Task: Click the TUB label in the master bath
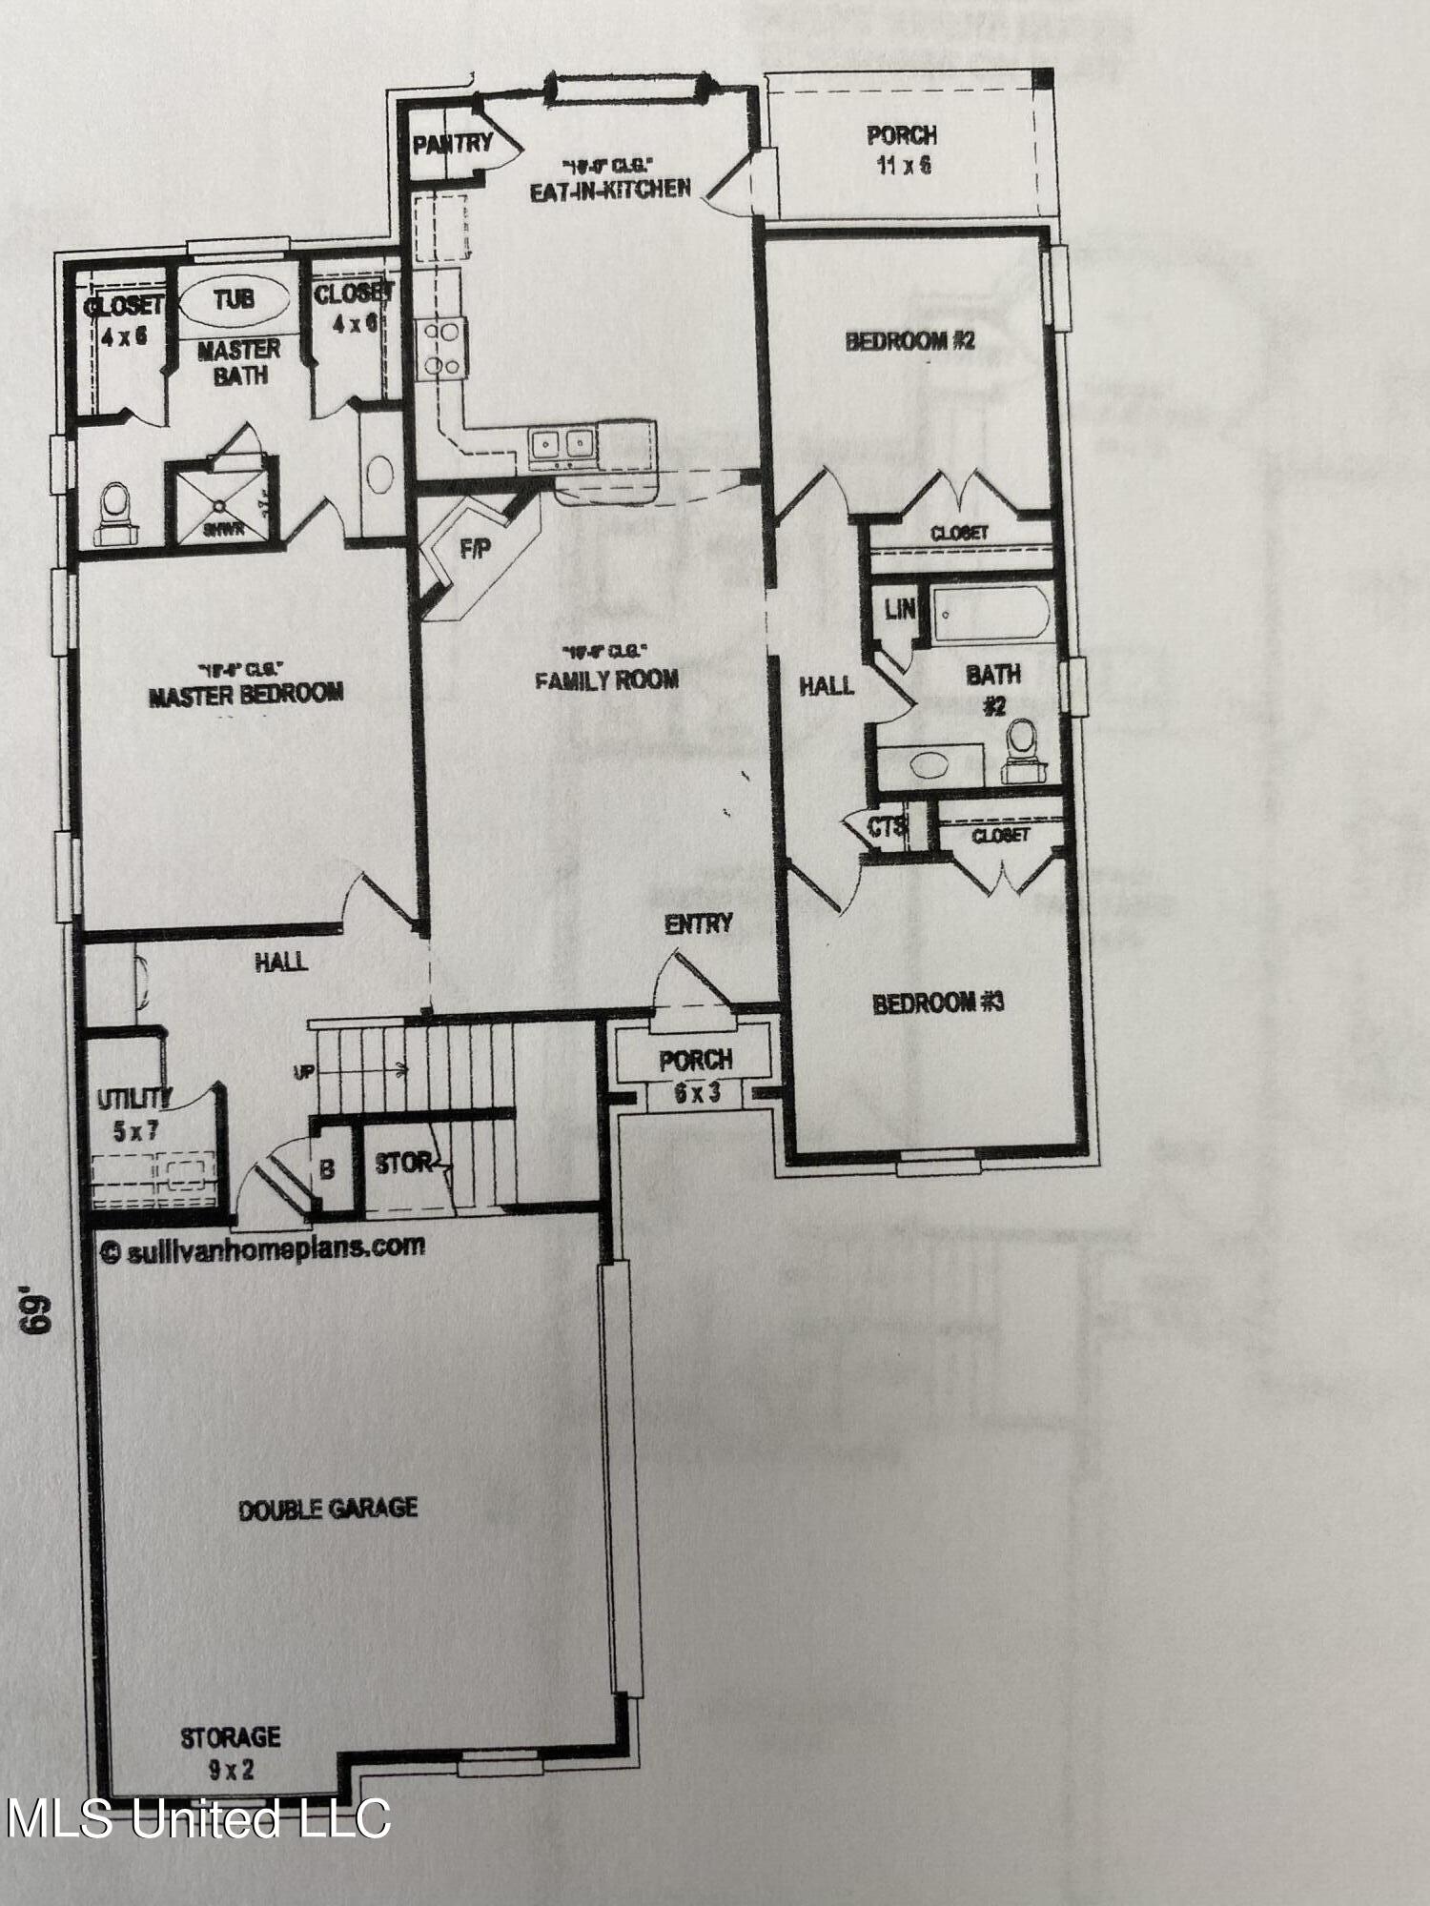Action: pyautogui.click(x=234, y=300)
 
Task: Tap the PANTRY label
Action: pyautogui.click(x=452, y=144)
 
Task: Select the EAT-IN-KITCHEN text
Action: pyautogui.click(x=610, y=189)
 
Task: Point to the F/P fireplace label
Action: pyautogui.click(x=474, y=550)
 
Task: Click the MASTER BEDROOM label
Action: pyautogui.click(x=246, y=693)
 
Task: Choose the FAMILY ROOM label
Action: pyautogui.click(x=606, y=679)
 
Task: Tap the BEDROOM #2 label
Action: pyautogui.click(x=910, y=341)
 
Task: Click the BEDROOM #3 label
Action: pyautogui.click(x=938, y=1003)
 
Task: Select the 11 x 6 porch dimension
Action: pyautogui.click(x=902, y=165)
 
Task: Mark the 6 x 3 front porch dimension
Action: pyautogui.click(x=697, y=1093)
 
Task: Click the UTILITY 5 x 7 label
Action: pyautogui.click(x=133, y=1115)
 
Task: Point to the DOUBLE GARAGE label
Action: pyautogui.click(x=328, y=1509)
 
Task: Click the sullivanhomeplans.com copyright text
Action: pyautogui.click(x=263, y=1247)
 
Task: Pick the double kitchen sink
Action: pyautogui.click(x=562, y=444)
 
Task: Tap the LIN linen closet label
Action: pyautogui.click(x=899, y=610)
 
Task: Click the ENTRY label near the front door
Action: pyautogui.click(x=699, y=923)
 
